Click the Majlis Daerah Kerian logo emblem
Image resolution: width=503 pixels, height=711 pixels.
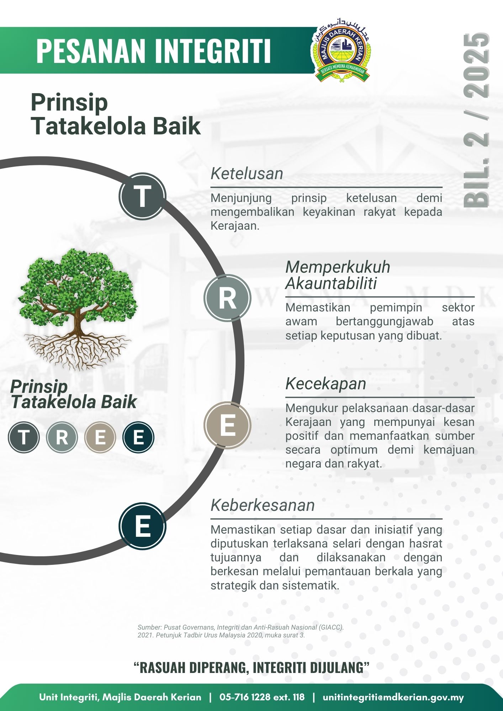(341, 54)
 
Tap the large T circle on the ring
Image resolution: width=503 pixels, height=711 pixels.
(142, 196)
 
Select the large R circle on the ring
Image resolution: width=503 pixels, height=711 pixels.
(228, 298)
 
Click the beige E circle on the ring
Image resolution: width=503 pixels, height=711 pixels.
(228, 425)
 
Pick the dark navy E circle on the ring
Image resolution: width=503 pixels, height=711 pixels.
(142, 526)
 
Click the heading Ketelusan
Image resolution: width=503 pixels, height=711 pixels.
(247, 173)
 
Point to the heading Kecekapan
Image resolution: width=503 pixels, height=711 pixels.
(325, 384)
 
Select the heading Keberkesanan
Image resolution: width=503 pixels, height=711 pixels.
(263, 505)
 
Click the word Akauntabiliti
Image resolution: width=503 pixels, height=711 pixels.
(331, 284)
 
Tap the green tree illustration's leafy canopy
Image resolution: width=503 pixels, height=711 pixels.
(78, 284)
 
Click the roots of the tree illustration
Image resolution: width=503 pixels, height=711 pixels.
(78, 350)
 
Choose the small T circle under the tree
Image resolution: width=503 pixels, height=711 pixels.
(23, 437)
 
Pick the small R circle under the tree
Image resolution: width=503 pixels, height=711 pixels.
(62, 437)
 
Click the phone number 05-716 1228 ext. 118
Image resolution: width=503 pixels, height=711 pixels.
(262, 697)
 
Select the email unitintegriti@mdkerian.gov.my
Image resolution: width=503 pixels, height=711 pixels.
(393, 697)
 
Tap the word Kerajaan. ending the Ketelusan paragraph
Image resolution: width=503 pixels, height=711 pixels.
(235, 226)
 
